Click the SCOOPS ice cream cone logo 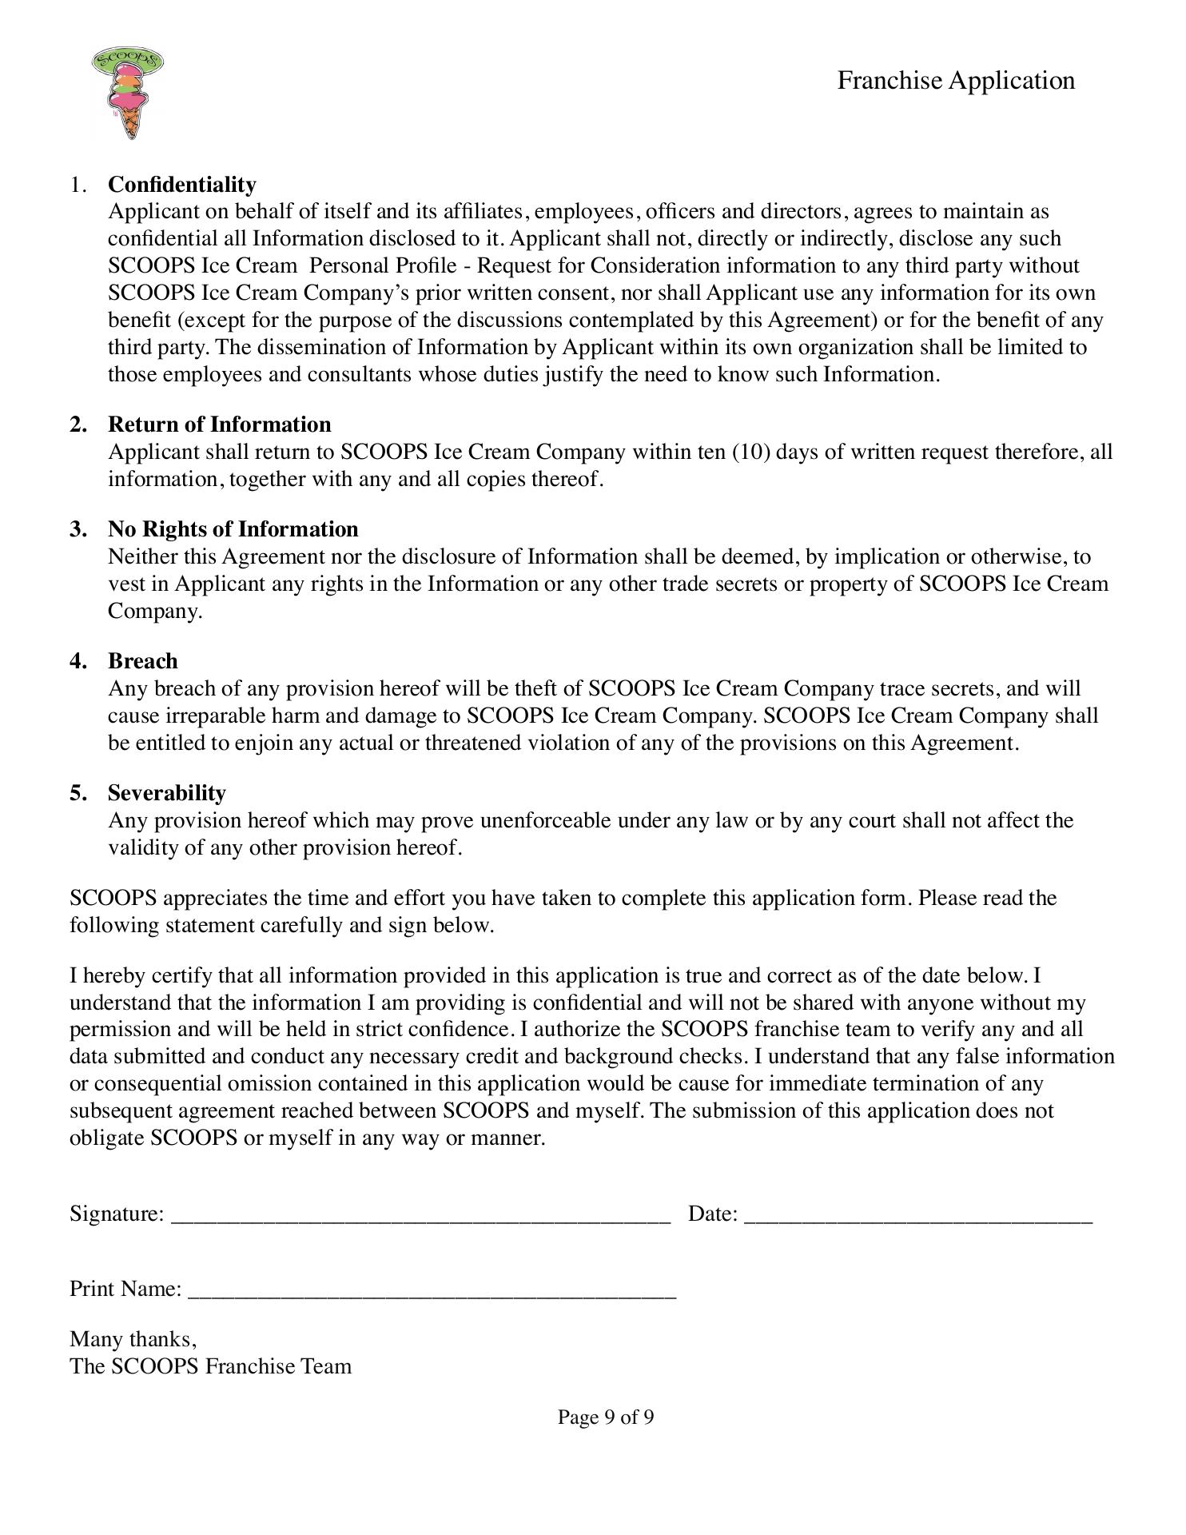point(128,92)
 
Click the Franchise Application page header point(955,81)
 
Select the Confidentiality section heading point(182,185)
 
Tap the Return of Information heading point(219,425)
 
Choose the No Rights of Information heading point(233,529)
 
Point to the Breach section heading point(142,661)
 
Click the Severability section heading point(166,793)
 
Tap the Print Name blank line point(432,1290)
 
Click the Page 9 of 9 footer point(605,1417)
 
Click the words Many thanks point(133,1339)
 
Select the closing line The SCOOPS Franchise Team point(210,1366)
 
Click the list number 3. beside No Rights point(78,529)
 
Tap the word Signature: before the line point(117,1214)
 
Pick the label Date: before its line point(713,1214)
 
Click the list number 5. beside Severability point(78,793)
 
